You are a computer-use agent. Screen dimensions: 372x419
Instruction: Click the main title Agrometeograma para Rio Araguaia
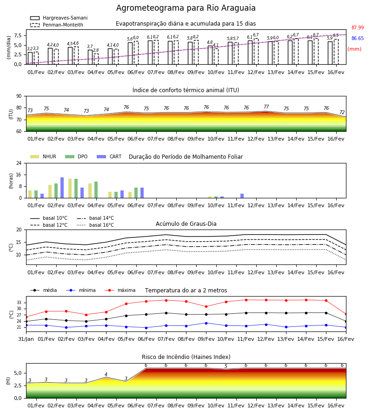pos(186,8)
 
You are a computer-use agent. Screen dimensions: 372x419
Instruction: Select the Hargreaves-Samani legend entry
pos(59,18)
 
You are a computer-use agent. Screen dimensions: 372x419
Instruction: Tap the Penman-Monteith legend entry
pos(57,25)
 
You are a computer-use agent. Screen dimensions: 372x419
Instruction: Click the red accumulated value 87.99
pos(358,27)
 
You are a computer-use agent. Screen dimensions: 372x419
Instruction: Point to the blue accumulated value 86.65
pos(358,38)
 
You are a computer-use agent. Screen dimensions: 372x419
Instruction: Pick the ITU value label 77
pos(266,107)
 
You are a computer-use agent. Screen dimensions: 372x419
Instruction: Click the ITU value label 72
pos(342,112)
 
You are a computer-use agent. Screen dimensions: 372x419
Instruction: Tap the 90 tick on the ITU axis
pos(19,96)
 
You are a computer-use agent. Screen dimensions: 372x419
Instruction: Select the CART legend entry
pos(109,156)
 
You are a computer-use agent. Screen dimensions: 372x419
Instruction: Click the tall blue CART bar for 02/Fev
pos(62,188)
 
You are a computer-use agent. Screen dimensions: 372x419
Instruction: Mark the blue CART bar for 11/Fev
pos(242,196)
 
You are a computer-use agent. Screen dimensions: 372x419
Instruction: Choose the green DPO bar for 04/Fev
pos(96,190)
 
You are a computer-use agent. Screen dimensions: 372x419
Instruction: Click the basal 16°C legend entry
pos(95,225)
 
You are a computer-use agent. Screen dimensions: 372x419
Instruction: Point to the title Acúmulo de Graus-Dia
pos(186,224)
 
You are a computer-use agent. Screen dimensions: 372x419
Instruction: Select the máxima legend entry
pos(120,290)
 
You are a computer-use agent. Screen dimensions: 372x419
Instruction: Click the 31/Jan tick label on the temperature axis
pos(26,339)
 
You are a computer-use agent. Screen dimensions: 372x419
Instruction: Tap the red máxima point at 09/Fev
pos(206,306)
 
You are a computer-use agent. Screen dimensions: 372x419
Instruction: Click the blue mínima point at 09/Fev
pos(206,323)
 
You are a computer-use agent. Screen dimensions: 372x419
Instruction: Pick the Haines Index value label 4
pos(106,374)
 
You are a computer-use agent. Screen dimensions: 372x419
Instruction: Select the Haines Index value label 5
pos(226,366)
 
